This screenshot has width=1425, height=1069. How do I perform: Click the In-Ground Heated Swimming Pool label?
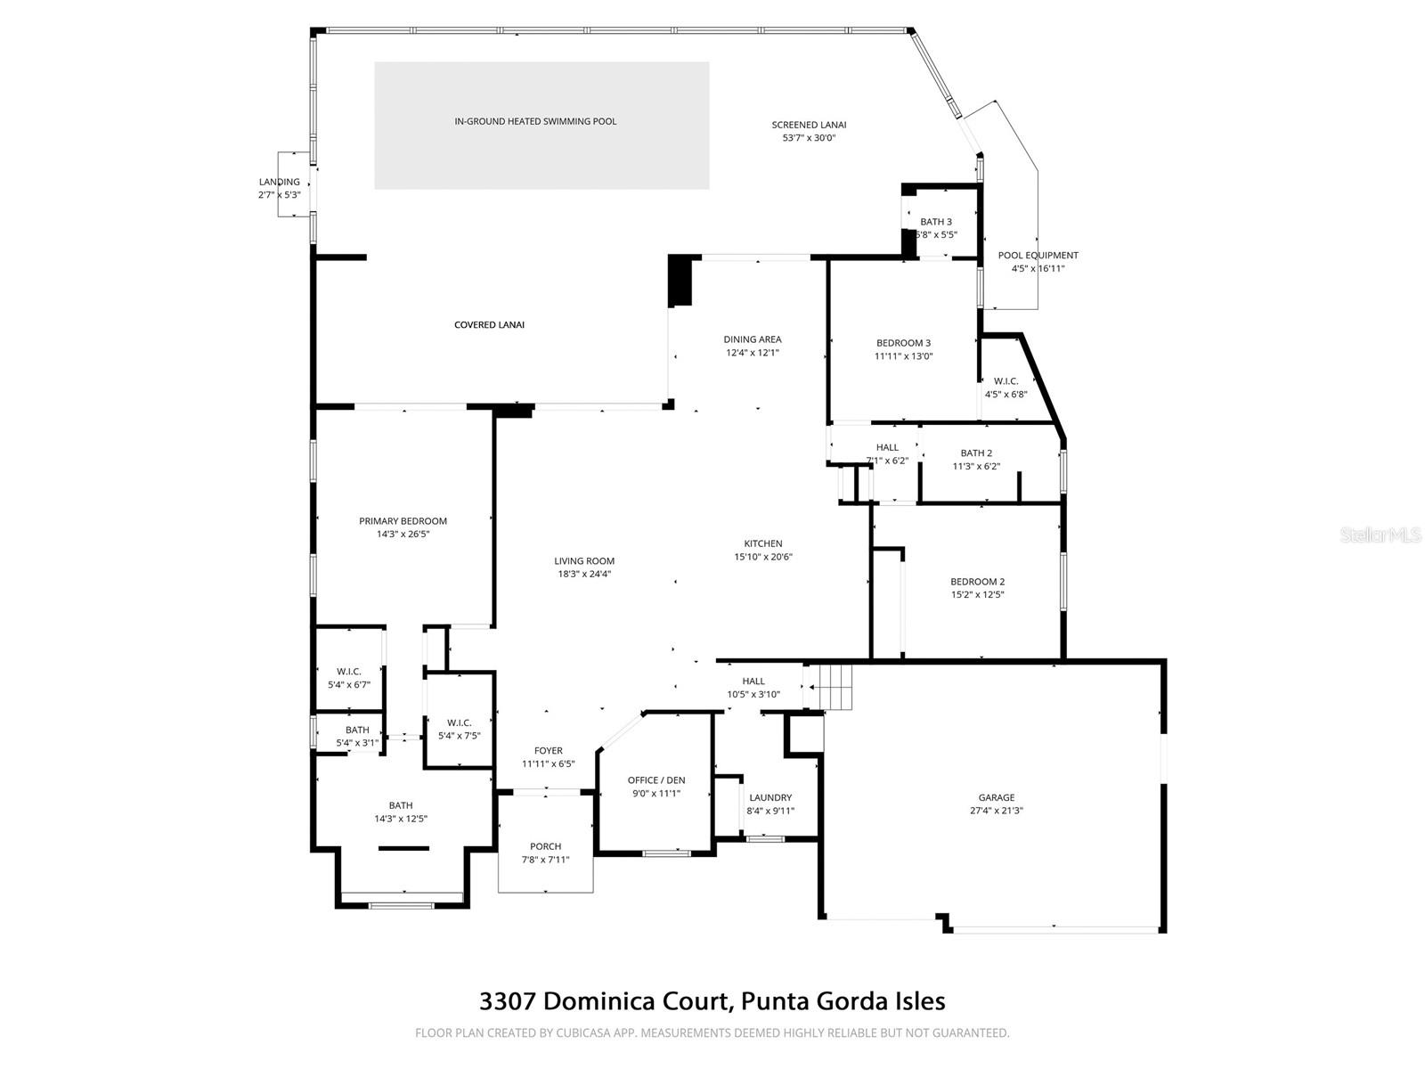pos(535,121)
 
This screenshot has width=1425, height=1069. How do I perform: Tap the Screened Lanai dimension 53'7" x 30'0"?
pos(809,138)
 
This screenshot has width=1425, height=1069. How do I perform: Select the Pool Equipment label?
pos(1038,256)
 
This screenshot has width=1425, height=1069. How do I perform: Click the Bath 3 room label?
pos(936,222)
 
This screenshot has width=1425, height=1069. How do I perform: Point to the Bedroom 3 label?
pos(903,343)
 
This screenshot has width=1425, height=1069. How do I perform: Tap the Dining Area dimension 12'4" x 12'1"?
pos(753,353)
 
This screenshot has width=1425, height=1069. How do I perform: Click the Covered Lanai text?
pos(489,325)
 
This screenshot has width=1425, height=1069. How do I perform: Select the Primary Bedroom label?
pos(403,521)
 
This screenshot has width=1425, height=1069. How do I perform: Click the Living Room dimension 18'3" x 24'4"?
pos(584,575)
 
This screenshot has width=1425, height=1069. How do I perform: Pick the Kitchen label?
pos(763,543)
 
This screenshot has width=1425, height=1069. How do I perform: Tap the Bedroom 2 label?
pos(977,582)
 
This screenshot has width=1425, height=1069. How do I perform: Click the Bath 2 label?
pos(976,453)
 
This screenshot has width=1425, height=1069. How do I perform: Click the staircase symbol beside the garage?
pos(834,687)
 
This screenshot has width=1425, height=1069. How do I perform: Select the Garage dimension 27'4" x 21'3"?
pos(997,812)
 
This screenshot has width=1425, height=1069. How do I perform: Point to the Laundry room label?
pos(770,798)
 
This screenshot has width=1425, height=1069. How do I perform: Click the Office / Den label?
pos(656,780)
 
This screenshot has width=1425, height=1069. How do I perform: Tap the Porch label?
pos(545,846)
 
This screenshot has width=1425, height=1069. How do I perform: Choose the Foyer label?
pos(549,751)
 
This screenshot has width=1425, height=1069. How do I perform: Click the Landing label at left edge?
pos(280,182)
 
